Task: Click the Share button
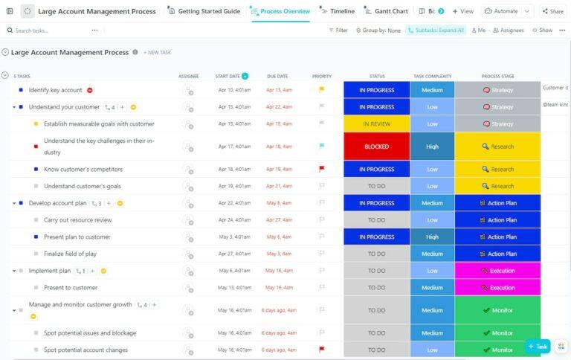[x=552, y=11]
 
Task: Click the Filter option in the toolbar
[x=338, y=30]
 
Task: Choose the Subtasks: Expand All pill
[x=436, y=30]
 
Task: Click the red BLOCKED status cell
[x=376, y=147]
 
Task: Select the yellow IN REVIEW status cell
[x=376, y=124]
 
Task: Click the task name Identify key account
[x=56, y=90]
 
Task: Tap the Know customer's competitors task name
[x=83, y=170]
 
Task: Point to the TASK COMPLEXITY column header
[x=432, y=76]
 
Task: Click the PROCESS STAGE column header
[x=497, y=76]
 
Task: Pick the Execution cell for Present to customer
[x=497, y=288]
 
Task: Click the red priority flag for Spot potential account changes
[x=322, y=350]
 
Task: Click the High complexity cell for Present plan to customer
[x=432, y=237]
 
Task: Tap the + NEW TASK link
[x=157, y=53]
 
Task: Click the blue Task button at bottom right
[x=538, y=346]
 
